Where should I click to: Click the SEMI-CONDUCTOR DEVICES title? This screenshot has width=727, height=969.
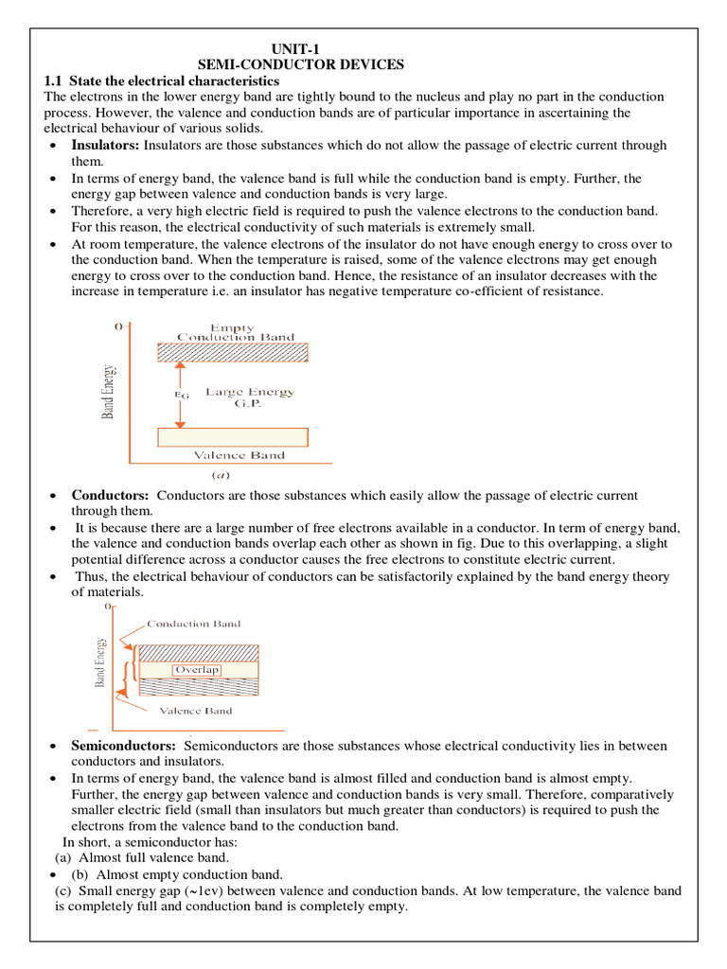[x=300, y=64]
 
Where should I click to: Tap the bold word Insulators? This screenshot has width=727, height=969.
[x=106, y=146]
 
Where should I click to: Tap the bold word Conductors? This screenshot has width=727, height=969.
[x=111, y=496]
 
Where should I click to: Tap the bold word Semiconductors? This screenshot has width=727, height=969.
[x=124, y=746]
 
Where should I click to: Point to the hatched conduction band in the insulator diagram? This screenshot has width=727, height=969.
[x=233, y=352]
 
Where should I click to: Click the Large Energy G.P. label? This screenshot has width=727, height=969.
[x=250, y=397]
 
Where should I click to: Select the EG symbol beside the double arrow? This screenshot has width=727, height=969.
[x=183, y=395]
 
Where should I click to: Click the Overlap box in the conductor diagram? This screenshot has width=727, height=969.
[x=196, y=670]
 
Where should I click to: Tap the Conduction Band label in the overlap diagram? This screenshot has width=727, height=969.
[x=193, y=625]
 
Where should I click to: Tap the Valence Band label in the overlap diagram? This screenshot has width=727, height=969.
[x=195, y=711]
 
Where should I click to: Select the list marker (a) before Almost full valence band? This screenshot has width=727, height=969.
[x=63, y=857]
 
